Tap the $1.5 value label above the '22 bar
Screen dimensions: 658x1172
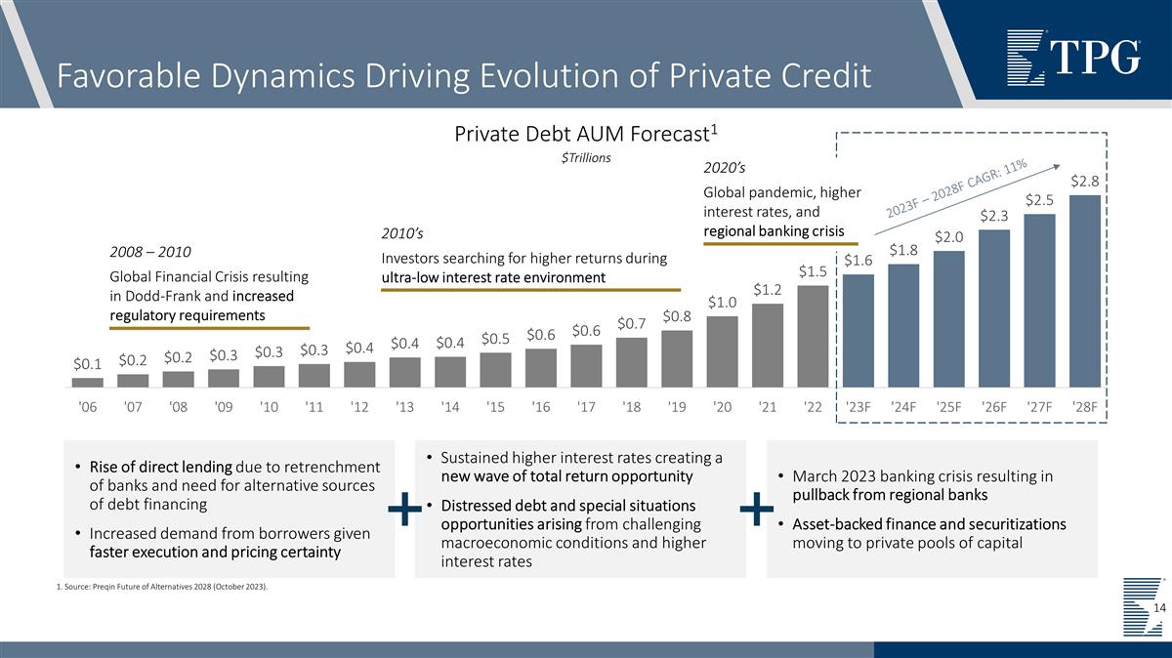pyautogui.click(x=813, y=270)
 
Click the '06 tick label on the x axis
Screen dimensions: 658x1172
pyautogui.click(x=87, y=406)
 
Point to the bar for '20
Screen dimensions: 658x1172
pyautogui.click(x=722, y=351)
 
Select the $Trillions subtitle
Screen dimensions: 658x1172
pyautogui.click(x=586, y=158)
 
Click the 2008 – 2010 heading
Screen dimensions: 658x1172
pyautogui.click(x=149, y=252)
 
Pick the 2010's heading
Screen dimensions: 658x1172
pyautogui.click(x=402, y=233)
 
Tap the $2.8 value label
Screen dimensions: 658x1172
pyautogui.click(x=1086, y=182)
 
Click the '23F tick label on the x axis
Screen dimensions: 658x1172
pyautogui.click(x=858, y=406)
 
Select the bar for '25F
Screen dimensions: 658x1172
pyautogui.click(x=949, y=318)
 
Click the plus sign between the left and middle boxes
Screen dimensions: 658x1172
pyautogui.click(x=404, y=509)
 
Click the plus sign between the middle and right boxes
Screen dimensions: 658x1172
pyautogui.click(x=756, y=509)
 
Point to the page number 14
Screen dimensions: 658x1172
pyautogui.click(x=1159, y=609)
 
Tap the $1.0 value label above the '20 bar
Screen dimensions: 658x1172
pyautogui.click(x=722, y=303)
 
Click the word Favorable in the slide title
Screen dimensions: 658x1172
pyautogui.click(x=117, y=74)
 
